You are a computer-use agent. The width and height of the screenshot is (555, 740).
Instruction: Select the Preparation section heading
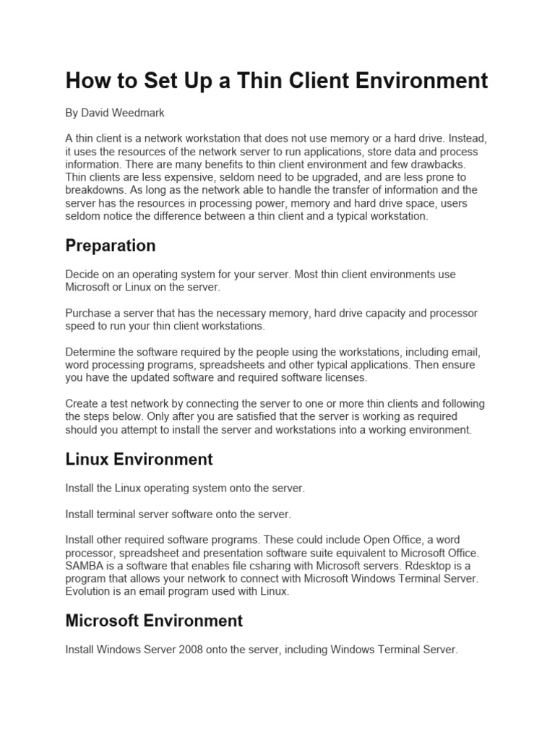coord(111,246)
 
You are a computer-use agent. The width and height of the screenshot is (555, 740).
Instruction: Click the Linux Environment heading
coord(139,459)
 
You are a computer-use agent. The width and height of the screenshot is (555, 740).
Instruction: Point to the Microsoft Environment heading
coord(154,621)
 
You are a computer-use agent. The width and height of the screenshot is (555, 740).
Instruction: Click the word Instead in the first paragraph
coord(456,139)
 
